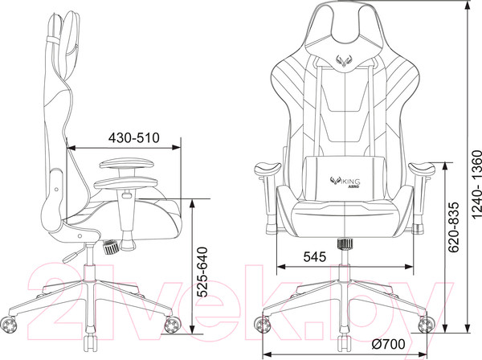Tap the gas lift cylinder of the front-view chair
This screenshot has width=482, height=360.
(x=345, y=256)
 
